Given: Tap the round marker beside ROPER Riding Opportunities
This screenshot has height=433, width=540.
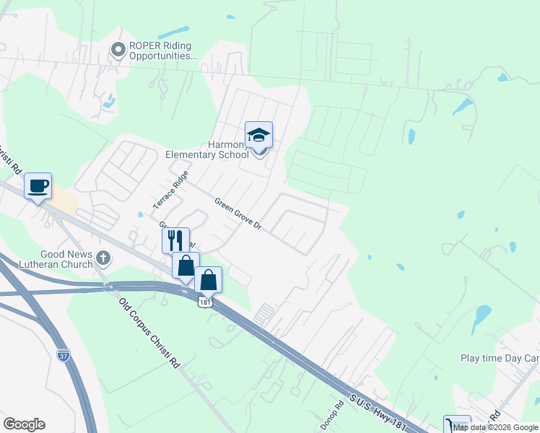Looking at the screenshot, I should click(118, 49).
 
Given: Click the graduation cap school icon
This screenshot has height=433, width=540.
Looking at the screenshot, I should click(259, 134).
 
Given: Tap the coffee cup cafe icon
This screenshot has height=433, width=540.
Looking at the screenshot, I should click(38, 185).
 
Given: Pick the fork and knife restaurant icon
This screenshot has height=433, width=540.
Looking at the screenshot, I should click(175, 240).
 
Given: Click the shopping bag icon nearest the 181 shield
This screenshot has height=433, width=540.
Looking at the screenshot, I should click(208, 279).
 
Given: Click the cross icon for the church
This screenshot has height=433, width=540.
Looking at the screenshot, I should click(104, 258).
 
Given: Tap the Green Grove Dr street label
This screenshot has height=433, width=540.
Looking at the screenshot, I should click(237, 214).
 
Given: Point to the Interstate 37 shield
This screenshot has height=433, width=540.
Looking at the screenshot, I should click(64, 355).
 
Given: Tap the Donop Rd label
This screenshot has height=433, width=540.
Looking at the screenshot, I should click(331, 416).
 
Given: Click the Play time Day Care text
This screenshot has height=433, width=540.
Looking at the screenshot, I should click(500, 359).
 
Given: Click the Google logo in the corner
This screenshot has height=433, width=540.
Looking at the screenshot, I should click(24, 424).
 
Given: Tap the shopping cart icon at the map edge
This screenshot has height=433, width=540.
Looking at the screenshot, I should click(456, 425).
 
